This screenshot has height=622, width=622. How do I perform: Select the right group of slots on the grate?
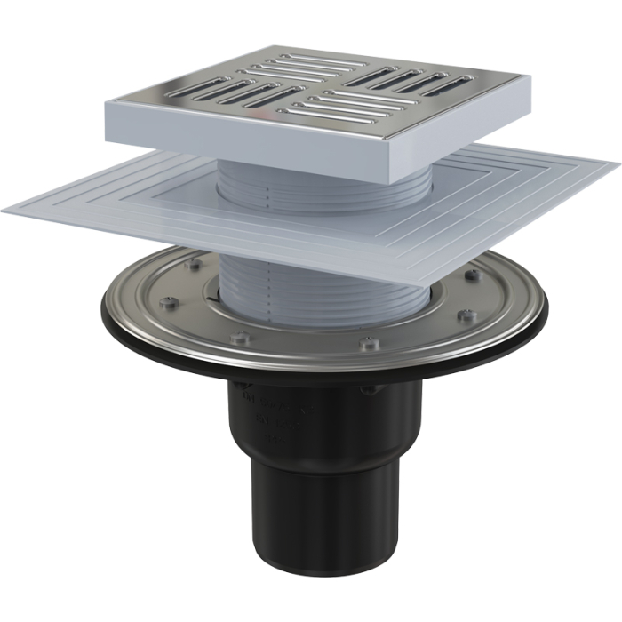click(410, 80)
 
